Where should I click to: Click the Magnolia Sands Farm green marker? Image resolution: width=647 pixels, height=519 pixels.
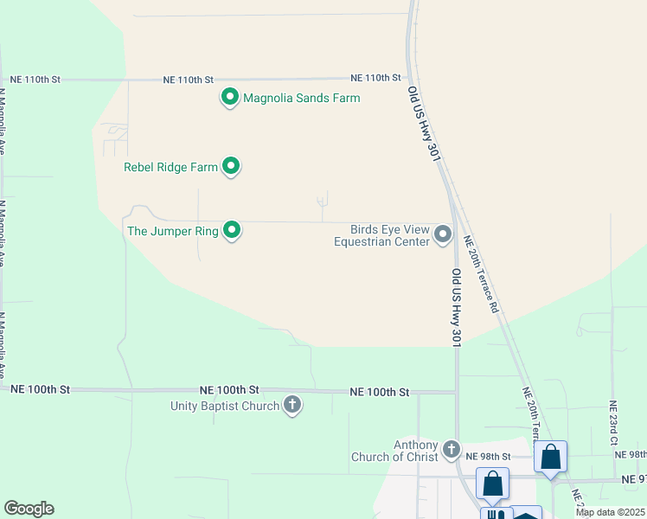230,98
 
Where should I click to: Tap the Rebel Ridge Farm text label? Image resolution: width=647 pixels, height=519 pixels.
170,167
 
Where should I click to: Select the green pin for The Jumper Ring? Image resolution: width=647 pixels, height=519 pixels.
232,230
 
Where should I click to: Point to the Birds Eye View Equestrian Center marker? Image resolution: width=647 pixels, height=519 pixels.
443,234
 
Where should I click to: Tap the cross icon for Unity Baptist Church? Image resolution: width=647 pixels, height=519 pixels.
292,405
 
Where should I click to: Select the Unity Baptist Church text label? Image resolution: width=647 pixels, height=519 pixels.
225,406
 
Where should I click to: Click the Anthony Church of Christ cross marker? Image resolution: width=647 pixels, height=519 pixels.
451,449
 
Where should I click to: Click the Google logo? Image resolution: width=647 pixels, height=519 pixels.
29,509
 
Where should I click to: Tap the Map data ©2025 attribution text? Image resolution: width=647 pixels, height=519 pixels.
610,512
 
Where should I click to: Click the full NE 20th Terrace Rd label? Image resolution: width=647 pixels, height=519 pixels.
482,274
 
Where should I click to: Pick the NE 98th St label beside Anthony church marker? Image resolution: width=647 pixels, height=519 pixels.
489,456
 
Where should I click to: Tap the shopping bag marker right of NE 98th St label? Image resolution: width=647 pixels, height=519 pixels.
550,458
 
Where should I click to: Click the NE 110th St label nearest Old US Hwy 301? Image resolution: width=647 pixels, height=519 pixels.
376,78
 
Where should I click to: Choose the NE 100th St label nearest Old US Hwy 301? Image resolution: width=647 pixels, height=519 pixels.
380,392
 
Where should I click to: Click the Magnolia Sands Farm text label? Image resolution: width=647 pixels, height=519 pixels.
301,98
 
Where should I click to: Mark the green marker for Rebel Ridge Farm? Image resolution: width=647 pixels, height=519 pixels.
231,165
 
